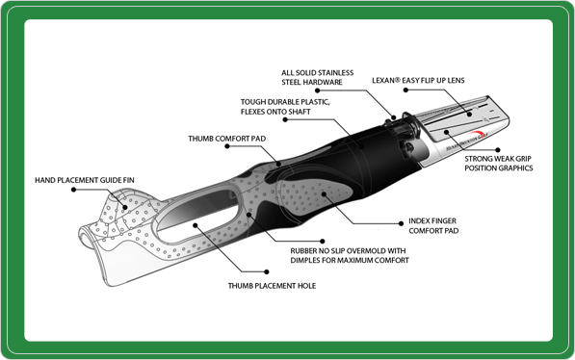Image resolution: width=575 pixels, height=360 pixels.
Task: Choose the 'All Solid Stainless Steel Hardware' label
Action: tap(317, 78)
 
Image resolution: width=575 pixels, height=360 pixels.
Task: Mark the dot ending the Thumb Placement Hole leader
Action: tap(196, 225)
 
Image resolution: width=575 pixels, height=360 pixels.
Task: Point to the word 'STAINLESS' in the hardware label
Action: tap(334, 72)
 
